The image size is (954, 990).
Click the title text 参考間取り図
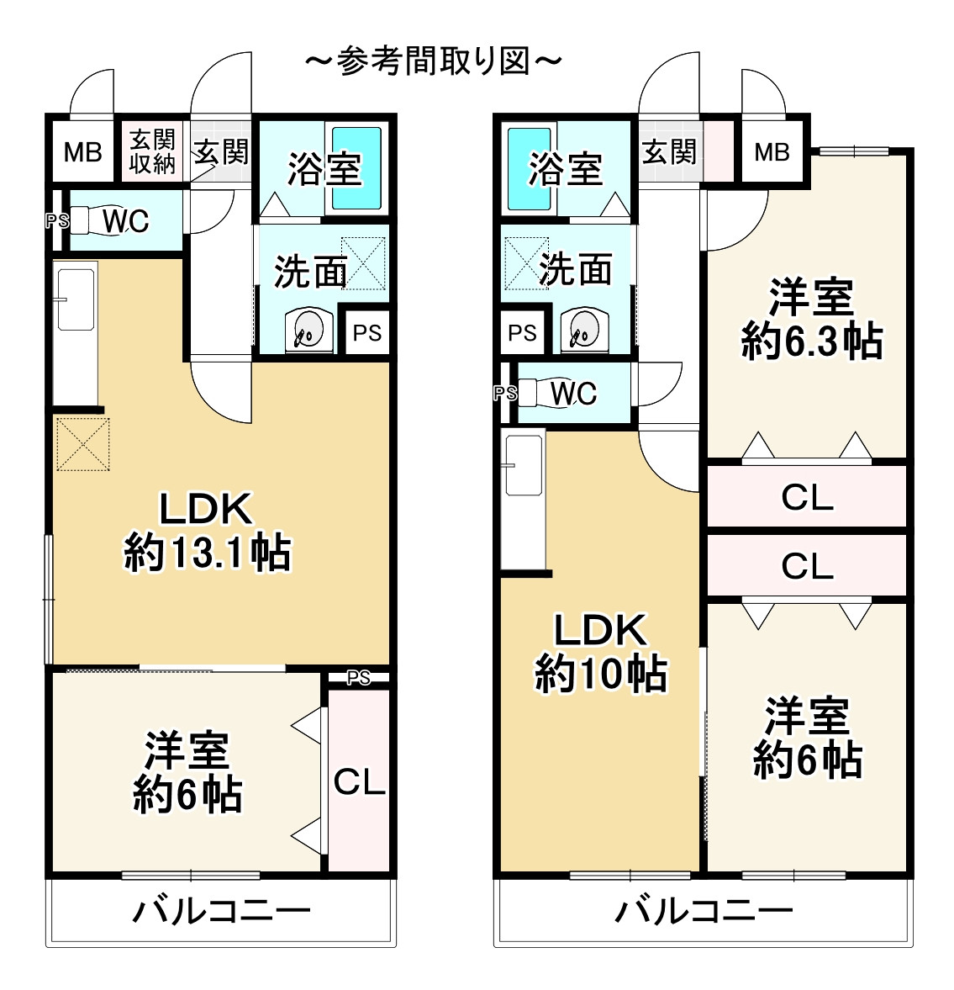coord(433,62)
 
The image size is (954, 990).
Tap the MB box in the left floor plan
coord(82,152)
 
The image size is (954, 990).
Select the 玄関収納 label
coord(152,152)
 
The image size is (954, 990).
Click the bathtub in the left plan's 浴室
coord(356,168)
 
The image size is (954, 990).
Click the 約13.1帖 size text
coord(208,553)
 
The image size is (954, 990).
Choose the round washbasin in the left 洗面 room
coord(307,331)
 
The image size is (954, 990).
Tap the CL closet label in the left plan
coord(359,782)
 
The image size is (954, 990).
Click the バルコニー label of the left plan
coord(221,911)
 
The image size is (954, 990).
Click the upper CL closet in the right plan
coord(807,498)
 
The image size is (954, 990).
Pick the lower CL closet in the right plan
coord(807,566)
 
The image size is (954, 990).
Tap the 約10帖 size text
coord(601,674)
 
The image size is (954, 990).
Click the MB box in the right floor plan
coord(772,152)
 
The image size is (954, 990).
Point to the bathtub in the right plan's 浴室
coord(530,168)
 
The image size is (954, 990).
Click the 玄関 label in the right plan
coord(670,152)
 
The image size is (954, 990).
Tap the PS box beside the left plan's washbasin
coord(366,333)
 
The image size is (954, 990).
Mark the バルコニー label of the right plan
coord(704,911)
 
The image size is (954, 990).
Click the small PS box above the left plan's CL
coord(359,678)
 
